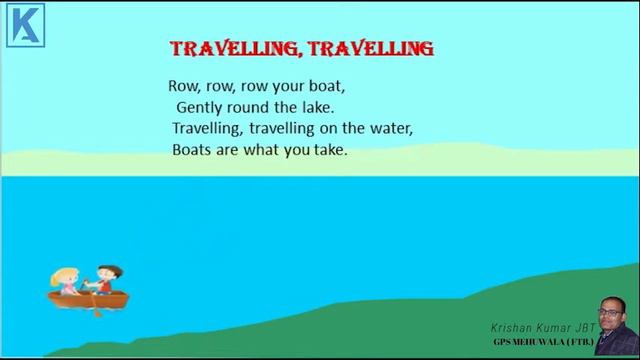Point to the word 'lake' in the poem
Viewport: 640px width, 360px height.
[x=315, y=106]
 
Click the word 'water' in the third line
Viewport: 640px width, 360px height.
[x=386, y=129]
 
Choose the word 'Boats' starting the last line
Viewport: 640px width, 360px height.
[x=194, y=151]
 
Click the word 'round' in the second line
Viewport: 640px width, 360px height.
[x=255, y=106]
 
